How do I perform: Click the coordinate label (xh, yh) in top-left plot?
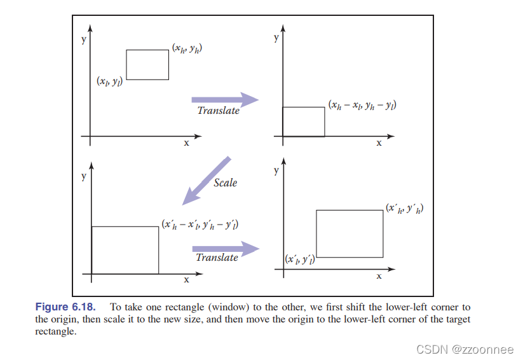click(x=191, y=48)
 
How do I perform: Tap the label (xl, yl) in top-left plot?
click(x=109, y=81)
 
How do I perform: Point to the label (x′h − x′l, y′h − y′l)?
click(x=200, y=225)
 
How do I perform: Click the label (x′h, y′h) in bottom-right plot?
click(x=405, y=208)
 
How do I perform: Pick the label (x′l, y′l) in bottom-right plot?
click(x=300, y=260)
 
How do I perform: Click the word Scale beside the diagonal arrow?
click(x=225, y=183)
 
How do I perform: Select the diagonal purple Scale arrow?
click(x=207, y=181)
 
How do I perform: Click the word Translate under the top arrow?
click(x=218, y=111)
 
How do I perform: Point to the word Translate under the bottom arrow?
click(x=217, y=258)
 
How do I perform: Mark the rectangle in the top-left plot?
click(x=147, y=65)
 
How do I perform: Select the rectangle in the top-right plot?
click(x=303, y=121)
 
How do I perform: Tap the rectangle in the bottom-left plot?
click(x=125, y=250)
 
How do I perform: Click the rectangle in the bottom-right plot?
click(x=350, y=232)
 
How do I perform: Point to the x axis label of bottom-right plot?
click(x=379, y=276)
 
